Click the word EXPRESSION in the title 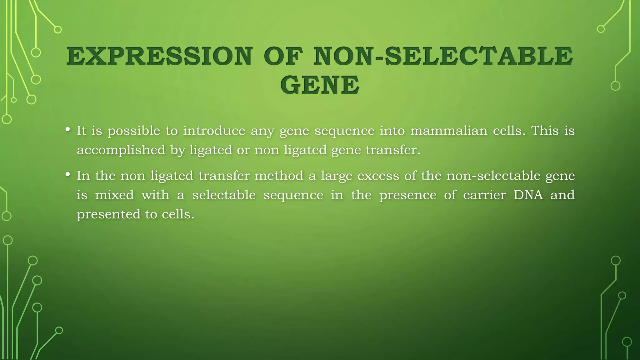[159, 57]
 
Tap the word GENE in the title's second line [320, 85]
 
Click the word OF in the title [283, 57]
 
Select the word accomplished [121, 150]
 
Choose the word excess [378, 176]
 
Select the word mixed [114, 195]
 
